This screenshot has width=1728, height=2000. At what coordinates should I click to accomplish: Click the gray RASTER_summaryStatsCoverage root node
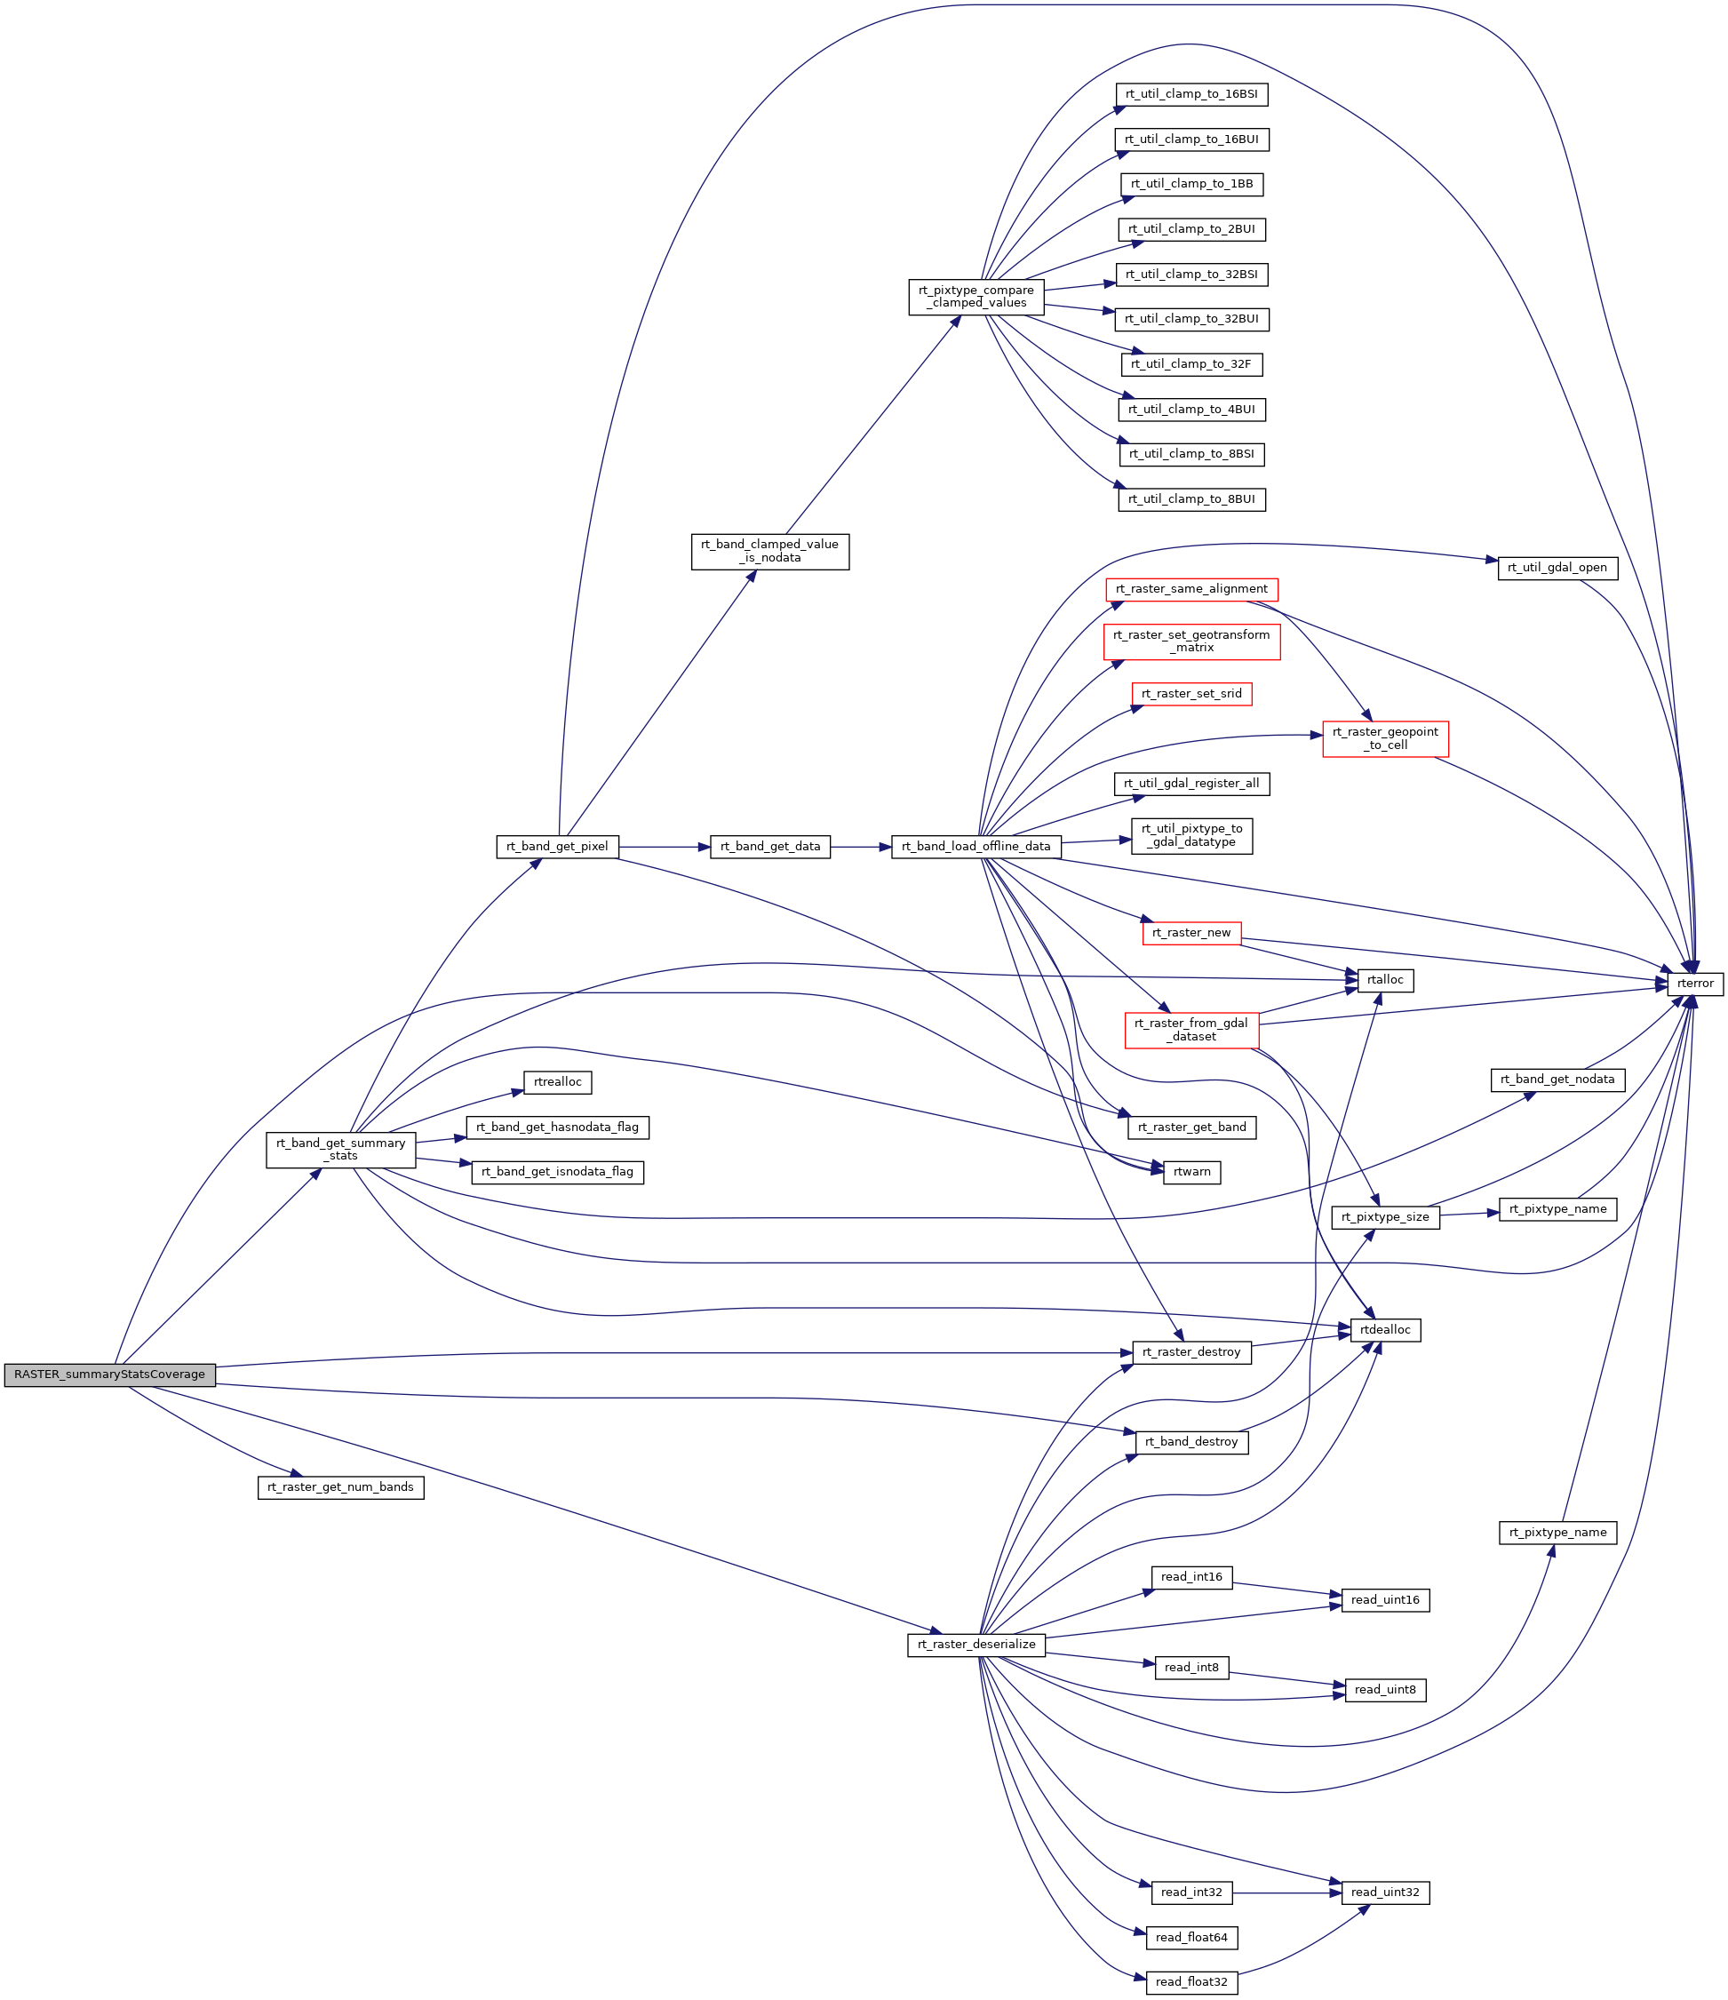[x=109, y=1375]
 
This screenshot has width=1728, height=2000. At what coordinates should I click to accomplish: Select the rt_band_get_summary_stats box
[x=341, y=1150]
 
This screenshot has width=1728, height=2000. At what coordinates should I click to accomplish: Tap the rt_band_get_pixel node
[x=557, y=847]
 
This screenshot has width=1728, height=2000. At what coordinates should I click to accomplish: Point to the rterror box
[x=1695, y=984]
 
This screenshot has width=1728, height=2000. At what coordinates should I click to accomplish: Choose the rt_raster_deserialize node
[x=976, y=1645]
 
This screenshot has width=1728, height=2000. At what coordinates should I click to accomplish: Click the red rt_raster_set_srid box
[x=1191, y=694]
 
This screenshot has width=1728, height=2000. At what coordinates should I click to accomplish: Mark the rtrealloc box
[x=557, y=1082]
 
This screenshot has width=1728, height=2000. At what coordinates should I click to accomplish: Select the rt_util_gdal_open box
[x=1557, y=568]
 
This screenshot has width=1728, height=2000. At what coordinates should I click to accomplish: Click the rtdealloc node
[x=1385, y=1330]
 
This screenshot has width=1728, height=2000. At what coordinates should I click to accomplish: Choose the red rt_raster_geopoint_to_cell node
[x=1385, y=738]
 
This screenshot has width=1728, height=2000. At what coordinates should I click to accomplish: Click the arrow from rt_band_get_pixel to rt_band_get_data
[x=665, y=847]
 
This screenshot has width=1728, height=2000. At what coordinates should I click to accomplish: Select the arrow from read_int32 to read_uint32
[x=1286, y=1892]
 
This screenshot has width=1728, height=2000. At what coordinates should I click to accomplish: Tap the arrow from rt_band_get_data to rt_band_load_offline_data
[x=861, y=847]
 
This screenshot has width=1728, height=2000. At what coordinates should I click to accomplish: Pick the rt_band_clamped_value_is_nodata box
[x=770, y=551]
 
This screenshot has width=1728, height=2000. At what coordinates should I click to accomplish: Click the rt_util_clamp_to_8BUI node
[x=1191, y=500]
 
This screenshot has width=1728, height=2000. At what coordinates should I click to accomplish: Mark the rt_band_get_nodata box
[x=1557, y=1080]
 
